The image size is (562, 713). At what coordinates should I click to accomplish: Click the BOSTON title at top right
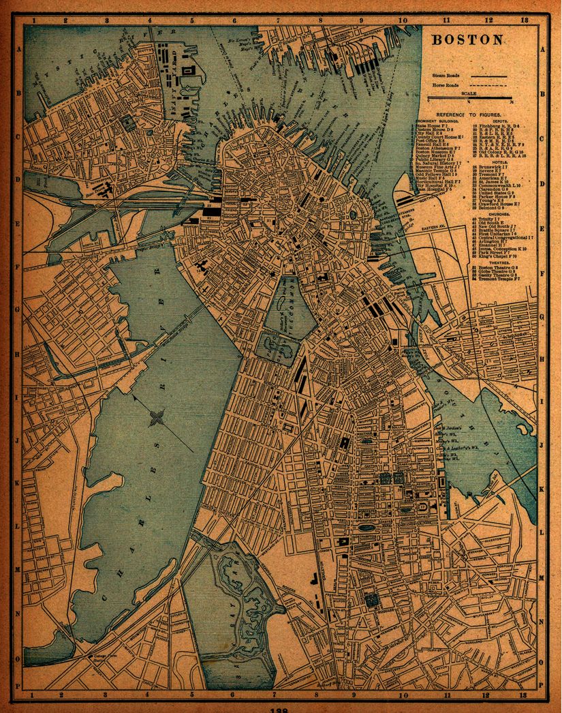[468, 40]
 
